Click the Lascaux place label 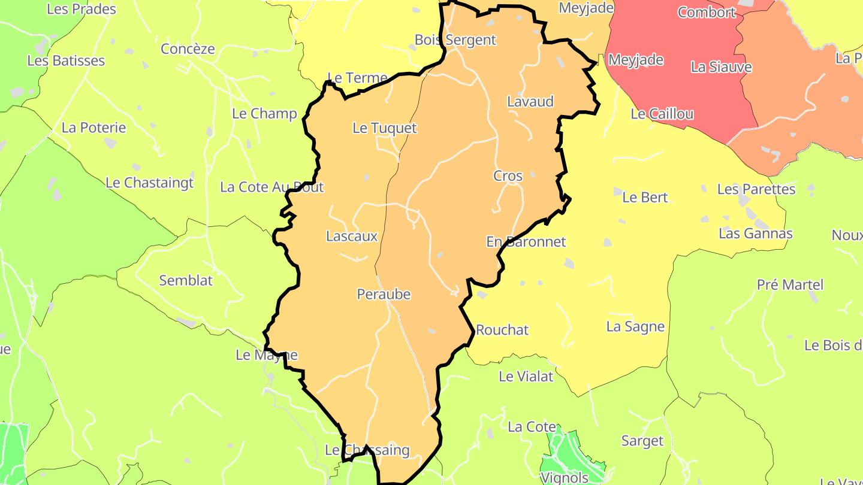[x=352, y=236]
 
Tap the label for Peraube [x=384, y=294]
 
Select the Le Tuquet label [x=384, y=128]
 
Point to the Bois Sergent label [x=455, y=40]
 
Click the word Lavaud [x=530, y=101]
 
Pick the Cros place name [x=508, y=176]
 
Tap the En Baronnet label [x=526, y=242]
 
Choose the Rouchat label [x=502, y=330]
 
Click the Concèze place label [x=188, y=49]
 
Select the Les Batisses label [x=66, y=60]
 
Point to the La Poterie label [x=94, y=128]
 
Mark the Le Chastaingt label [x=150, y=183]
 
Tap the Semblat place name [x=186, y=280]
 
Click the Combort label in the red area [x=707, y=12]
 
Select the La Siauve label [x=721, y=66]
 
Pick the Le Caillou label [x=662, y=114]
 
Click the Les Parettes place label [x=756, y=189]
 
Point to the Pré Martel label [x=790, y=284]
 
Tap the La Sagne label [x=635, y=326]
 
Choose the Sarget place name [x=642, y=441]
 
